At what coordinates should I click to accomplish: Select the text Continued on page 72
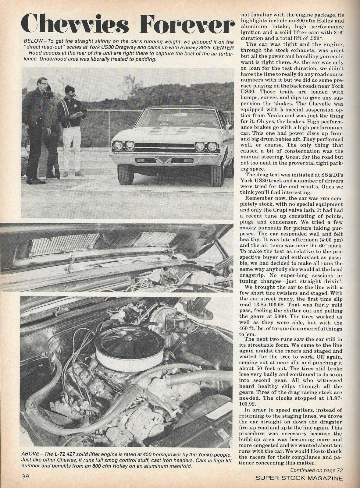[317, 471]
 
